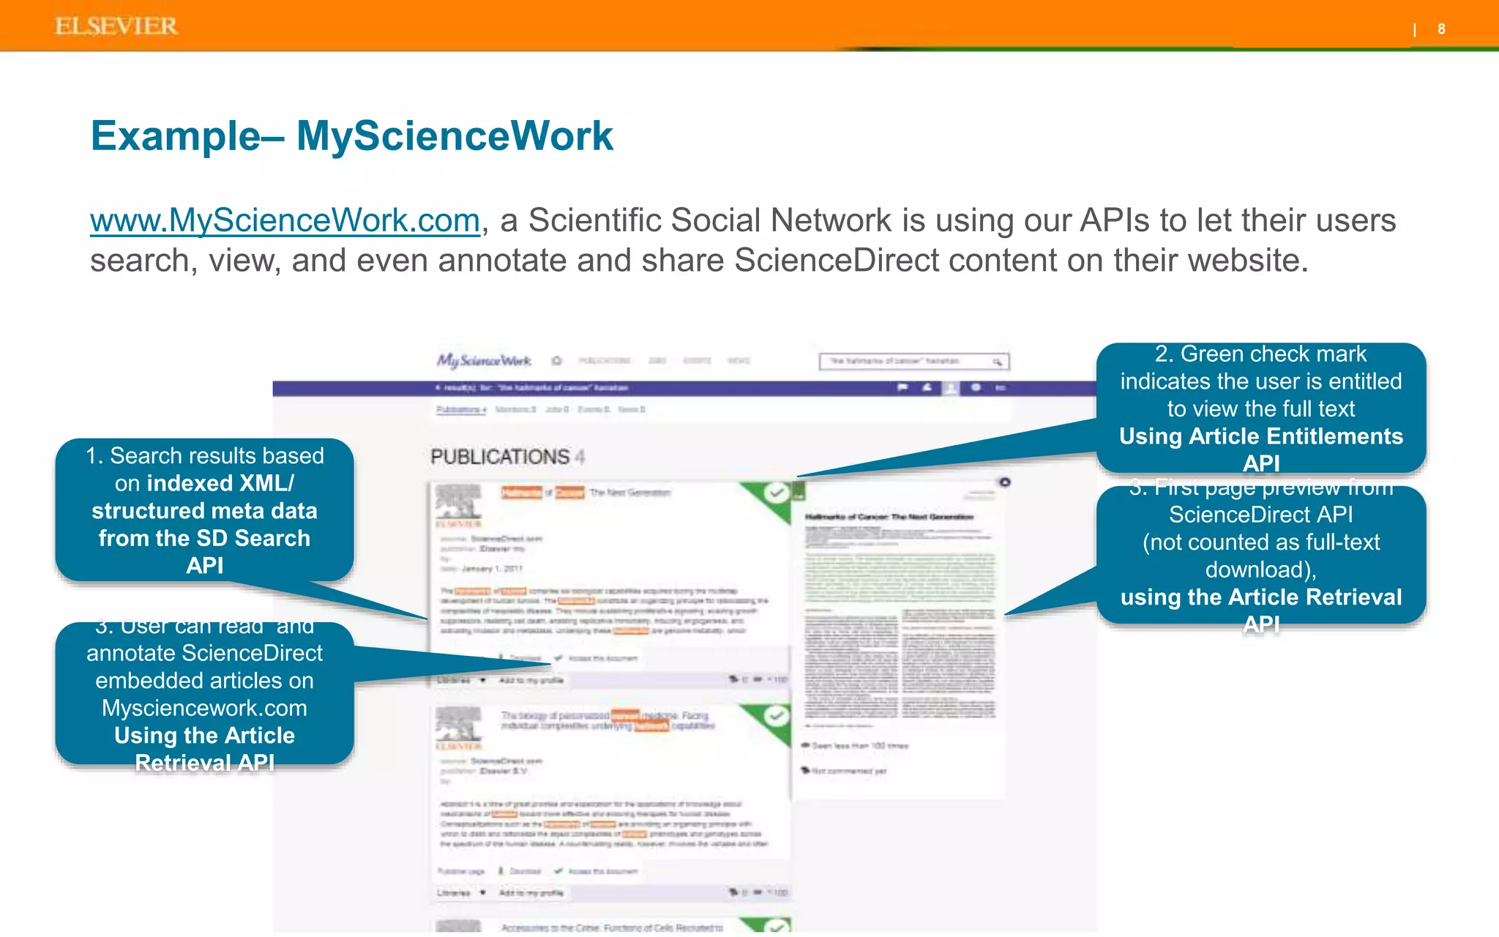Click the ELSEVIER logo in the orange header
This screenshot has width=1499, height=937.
pyautogui.click(x=116, y=26)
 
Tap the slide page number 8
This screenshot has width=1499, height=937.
pyautogui.click(x=1441, y=29)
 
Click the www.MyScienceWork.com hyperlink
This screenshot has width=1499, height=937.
pyautogui.click(x=285, y=220)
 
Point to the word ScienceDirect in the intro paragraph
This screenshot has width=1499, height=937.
pyautogui.click(x=837, y=261)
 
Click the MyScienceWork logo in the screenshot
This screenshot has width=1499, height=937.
pyautogui.click(x=484, y=360)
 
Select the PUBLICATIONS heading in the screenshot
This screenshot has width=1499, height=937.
pyautogui.click(x=500, y=457)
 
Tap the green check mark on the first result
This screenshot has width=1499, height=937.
pyautogui.click(x=776, y=493)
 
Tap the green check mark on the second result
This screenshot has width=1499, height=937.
pyautogui.click(x=776, y=715)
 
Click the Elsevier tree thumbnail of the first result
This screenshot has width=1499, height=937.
pyautogui.click(x=458, y=504)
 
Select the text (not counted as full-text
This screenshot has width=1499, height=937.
pyautogui.click(x=1261, y=542)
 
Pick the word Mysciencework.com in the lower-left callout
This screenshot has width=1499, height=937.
pyautogui.click(x=204, y=708)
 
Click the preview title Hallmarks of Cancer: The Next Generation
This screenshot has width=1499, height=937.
pyautogui.click(x=889, y=517)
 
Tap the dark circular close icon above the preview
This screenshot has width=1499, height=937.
pyautogui.click(x=1005, y=482)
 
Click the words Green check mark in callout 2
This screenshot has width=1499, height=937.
pyautogui.click(x=1273, y=354)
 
